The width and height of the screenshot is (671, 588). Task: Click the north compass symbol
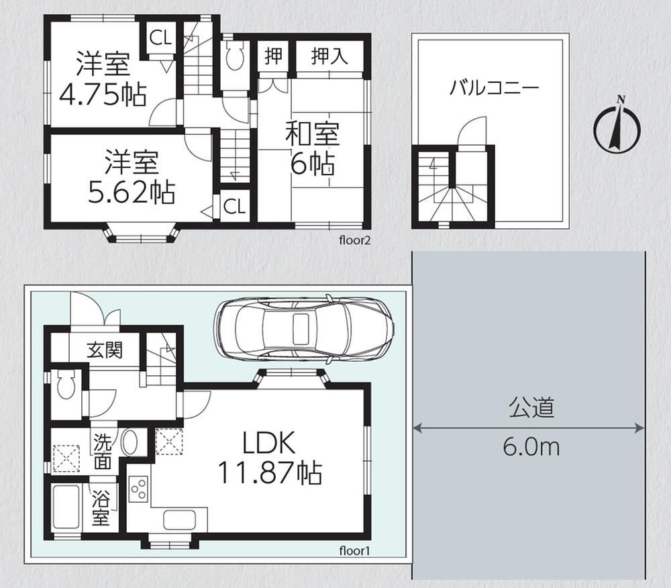click(617, 126)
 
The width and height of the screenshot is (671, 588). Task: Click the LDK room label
click(269, 443)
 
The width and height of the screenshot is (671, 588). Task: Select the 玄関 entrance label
click(105, 350)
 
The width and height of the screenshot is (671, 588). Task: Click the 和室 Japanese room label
click(313, 134)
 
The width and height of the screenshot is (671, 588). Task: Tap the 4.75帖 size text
click(103, 95)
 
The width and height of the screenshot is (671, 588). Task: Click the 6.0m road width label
click(531, 447)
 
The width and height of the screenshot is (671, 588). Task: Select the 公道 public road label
click(531, 408)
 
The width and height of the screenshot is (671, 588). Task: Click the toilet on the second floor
click(234, 55)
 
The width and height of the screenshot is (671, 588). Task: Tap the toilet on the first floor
click(66, 384)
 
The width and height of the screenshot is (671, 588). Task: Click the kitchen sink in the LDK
click(180, 520)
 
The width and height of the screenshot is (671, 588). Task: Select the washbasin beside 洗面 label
click(130, 442)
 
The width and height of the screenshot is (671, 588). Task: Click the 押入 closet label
click(329, 56)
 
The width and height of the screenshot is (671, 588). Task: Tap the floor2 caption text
click(354, 240)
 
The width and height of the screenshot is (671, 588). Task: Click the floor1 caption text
click(354, 550)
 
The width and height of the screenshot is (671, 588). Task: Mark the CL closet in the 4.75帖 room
click(160, 38)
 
